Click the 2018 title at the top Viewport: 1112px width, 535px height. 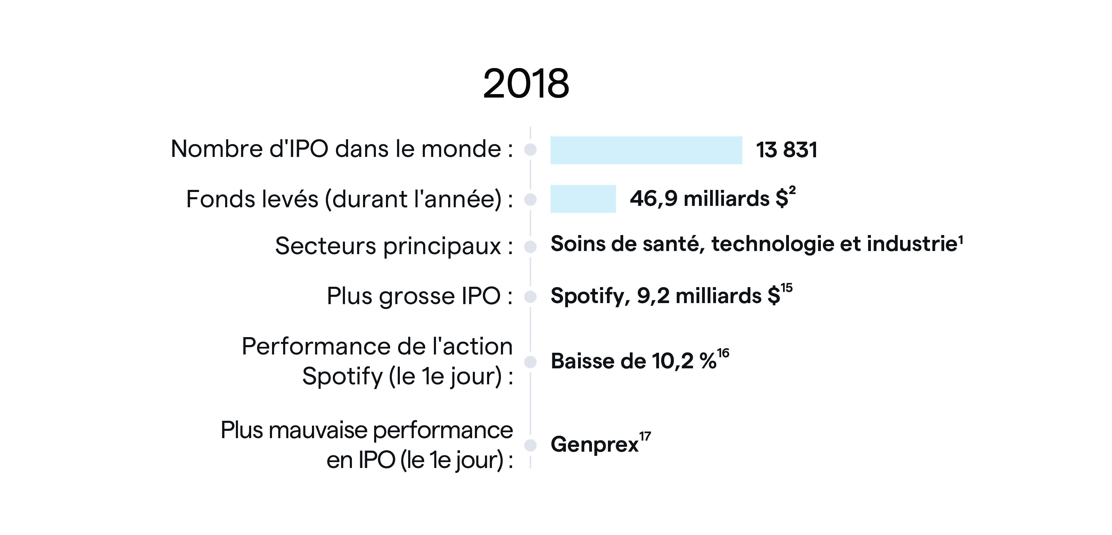pyautogui.click(x=526, y=84)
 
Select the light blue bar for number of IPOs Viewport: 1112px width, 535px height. pyautogui.click(x=646, y=150)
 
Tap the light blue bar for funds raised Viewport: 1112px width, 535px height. pyautogui.click(x=583, y=199)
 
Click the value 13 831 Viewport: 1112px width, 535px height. pyautogui.click(x=786, y=150)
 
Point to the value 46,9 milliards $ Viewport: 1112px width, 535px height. pyautogui.click(x=708, y=199)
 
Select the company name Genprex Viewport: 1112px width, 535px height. pyautogui.click(x=594, y=444)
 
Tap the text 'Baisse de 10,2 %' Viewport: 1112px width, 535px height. pyautogui.click(x=633, y=361)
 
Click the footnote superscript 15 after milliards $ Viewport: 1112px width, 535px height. pyautogui.click(x=786, y=288)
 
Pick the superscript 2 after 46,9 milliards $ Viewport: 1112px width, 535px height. pyautogui.click(x=792, y=190)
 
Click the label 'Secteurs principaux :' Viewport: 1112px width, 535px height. pyautogui.click(x=394, y=246)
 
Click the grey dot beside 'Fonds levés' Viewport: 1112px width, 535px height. pyautogui.click(x=530, y=199)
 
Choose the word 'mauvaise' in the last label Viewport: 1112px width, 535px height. pyautogui.click(x=319, y=430)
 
